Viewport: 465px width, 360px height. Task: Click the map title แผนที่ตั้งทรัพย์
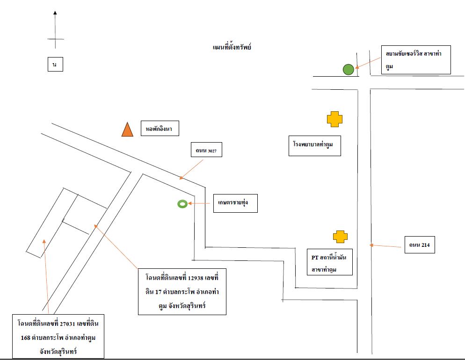coord(232,47)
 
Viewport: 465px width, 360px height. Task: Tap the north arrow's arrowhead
coord(55,13)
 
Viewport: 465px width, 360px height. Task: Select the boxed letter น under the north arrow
coord(55,65)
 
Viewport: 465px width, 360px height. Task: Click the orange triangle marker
coord(127,130)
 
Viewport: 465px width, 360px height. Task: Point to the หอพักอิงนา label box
coord(160,128)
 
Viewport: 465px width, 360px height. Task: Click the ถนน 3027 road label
coord(206,150)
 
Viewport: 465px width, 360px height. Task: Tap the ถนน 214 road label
coord(420,245)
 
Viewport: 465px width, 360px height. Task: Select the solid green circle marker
coord(349,70)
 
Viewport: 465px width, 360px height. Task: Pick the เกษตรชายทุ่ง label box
coord(235,203)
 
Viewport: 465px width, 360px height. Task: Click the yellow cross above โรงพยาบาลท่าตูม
coord(335,119)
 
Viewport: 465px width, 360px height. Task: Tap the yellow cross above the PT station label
coord(340,237)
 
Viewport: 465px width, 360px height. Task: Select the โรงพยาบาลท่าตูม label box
coord(315,146)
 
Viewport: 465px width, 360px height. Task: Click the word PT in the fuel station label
coord(315,258)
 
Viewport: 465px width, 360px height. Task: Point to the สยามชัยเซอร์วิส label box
coord(416,60)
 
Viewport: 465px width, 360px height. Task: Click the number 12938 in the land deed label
coord(196,278)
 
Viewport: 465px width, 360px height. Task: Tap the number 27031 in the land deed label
coord(67,324)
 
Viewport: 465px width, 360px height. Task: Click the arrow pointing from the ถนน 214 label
coord(385,245)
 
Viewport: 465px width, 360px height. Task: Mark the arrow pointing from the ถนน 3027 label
coord(191,170)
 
